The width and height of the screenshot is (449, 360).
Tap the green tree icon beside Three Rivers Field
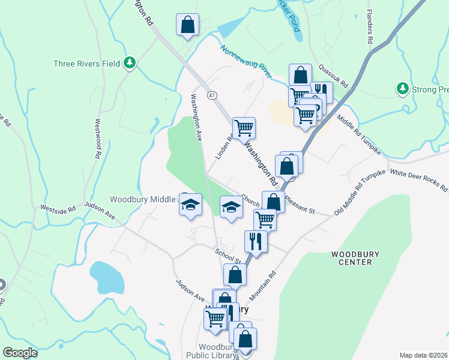pos(129,62)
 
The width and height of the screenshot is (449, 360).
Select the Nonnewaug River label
pos(246,62)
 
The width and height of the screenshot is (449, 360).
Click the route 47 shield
pos(212,96)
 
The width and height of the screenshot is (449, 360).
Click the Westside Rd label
pos(58,209)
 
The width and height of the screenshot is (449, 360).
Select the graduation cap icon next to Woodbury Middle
pos(190,205)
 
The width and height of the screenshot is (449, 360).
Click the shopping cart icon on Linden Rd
pos(244,128)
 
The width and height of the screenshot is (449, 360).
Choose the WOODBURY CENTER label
pos(355,258)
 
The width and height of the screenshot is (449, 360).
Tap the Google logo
pos(20,353)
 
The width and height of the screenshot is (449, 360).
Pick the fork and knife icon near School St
pos(255,242)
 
